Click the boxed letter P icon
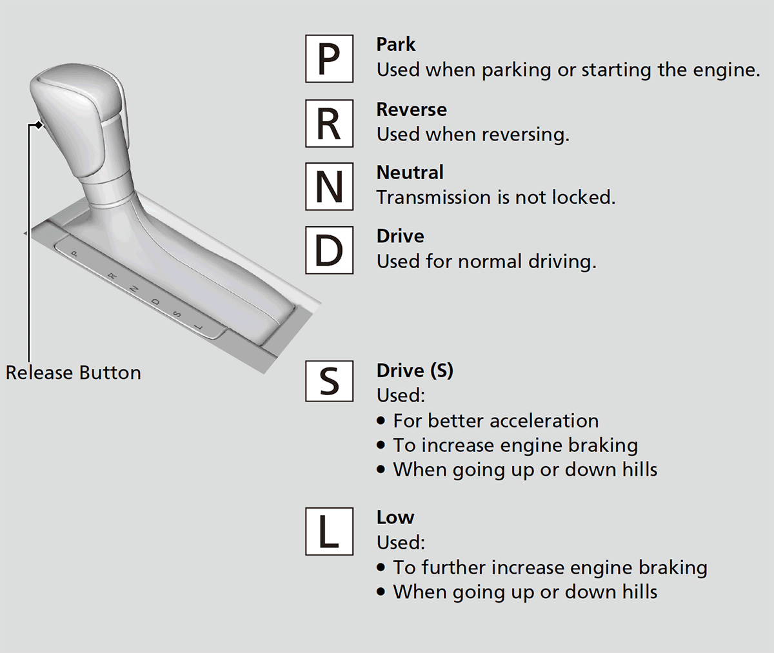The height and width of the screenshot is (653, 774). (x=329, y=59)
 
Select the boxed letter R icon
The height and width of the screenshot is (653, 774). (x=329, y=123)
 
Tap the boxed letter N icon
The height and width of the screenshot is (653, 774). (x=329, y=186)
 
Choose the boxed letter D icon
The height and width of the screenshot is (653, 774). (x=329, y=250)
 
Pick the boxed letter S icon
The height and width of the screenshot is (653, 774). (x=329, y=381)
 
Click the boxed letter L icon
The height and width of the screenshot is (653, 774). (x=329, y=531)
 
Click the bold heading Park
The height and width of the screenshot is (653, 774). (x=396, y=44)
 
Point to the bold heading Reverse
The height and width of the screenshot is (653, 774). (x=412, y=110)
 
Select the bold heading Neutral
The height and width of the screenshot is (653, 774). (x=410, y=173)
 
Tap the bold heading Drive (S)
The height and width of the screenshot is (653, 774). (x=415, y=371)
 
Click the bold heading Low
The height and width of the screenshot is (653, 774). (x=395, y=518)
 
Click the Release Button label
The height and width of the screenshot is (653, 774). (x=74, y=373)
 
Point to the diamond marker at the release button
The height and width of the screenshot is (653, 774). (x=39, y=124)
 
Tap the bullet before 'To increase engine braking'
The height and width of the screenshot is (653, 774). (x=381, y=445)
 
